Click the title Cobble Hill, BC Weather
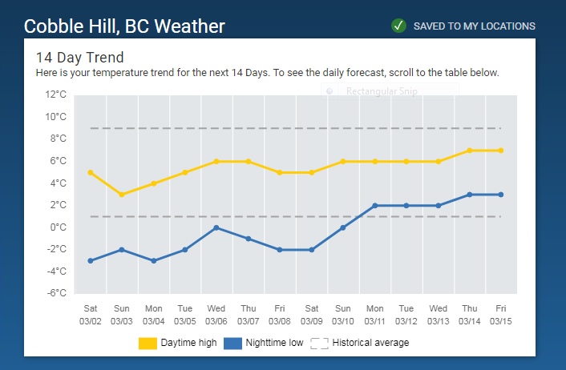(124, 26)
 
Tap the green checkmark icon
(399, 26)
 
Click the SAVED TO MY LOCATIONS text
(474, 26)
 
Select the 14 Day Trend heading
(79, 58)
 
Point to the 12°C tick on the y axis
(56, 95)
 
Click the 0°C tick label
(59, 227)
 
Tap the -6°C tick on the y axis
(56, 293)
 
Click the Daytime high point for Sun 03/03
(122, 195)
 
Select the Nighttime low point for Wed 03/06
(216, 227)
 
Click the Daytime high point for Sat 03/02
(91, 172)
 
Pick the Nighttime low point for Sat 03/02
(91, 260)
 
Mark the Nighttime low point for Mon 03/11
(374, 206)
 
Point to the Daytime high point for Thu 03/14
(469, 151)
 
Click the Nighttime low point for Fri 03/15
(501, 195)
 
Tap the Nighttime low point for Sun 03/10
(343, 227)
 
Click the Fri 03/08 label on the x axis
(280, 315)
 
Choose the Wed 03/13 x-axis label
(438, 315)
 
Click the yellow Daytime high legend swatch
(148, 343)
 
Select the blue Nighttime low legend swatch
(232, 343)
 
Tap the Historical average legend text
(370, 343)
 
